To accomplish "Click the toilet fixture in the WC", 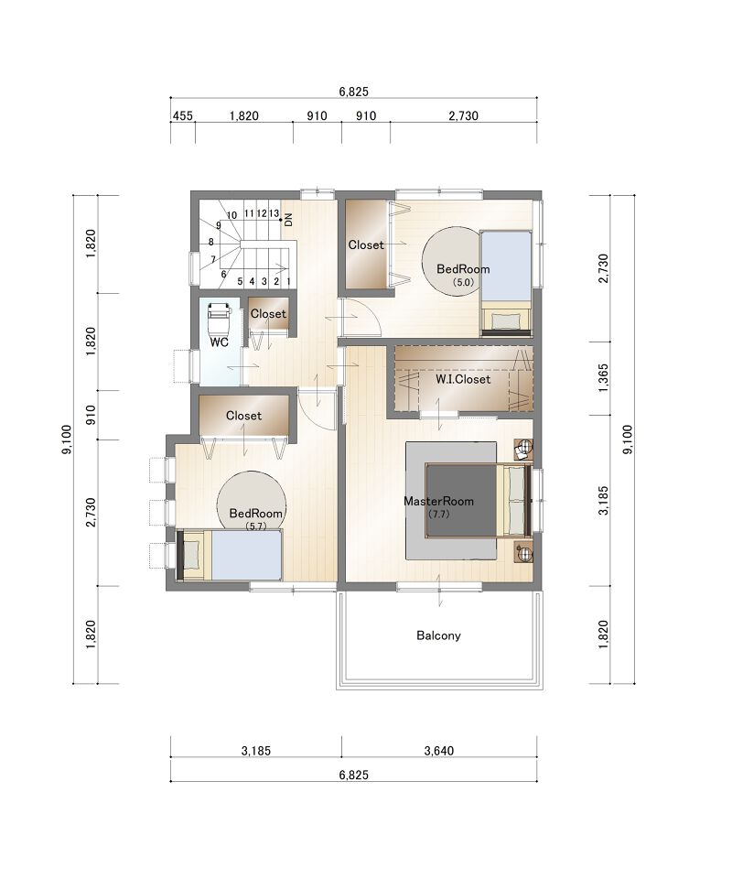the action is (x=219, y=319).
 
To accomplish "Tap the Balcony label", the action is (x=438, y=635).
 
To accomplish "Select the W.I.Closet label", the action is (x=463, y=379).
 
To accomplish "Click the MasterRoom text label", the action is (x=438, y=501).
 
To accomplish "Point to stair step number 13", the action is (x=274, y=213).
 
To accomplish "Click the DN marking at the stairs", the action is (x=288, y=220).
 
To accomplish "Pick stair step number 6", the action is (x=223, y=274).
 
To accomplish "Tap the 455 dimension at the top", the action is (x=183, y=116).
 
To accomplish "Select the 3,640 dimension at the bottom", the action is (x=439, y=750).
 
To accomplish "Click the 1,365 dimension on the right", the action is (x=603, y=378).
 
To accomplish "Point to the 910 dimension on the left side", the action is (x=91, y=415).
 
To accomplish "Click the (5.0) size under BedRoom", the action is (x=463, y=283).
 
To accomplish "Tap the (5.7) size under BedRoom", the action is (x=255, y=526).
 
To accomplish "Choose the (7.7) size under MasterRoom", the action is (x=438, y=514).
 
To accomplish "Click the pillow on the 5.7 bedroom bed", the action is (x=192, y=555).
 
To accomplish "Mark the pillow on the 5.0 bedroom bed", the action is (x=506, y=321).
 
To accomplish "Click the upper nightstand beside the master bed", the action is (x=523, y=449).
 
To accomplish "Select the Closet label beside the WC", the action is (x=268, y=314).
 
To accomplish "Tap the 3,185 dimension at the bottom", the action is (x=256, y=750).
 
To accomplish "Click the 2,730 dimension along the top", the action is (x=464, y=116).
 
